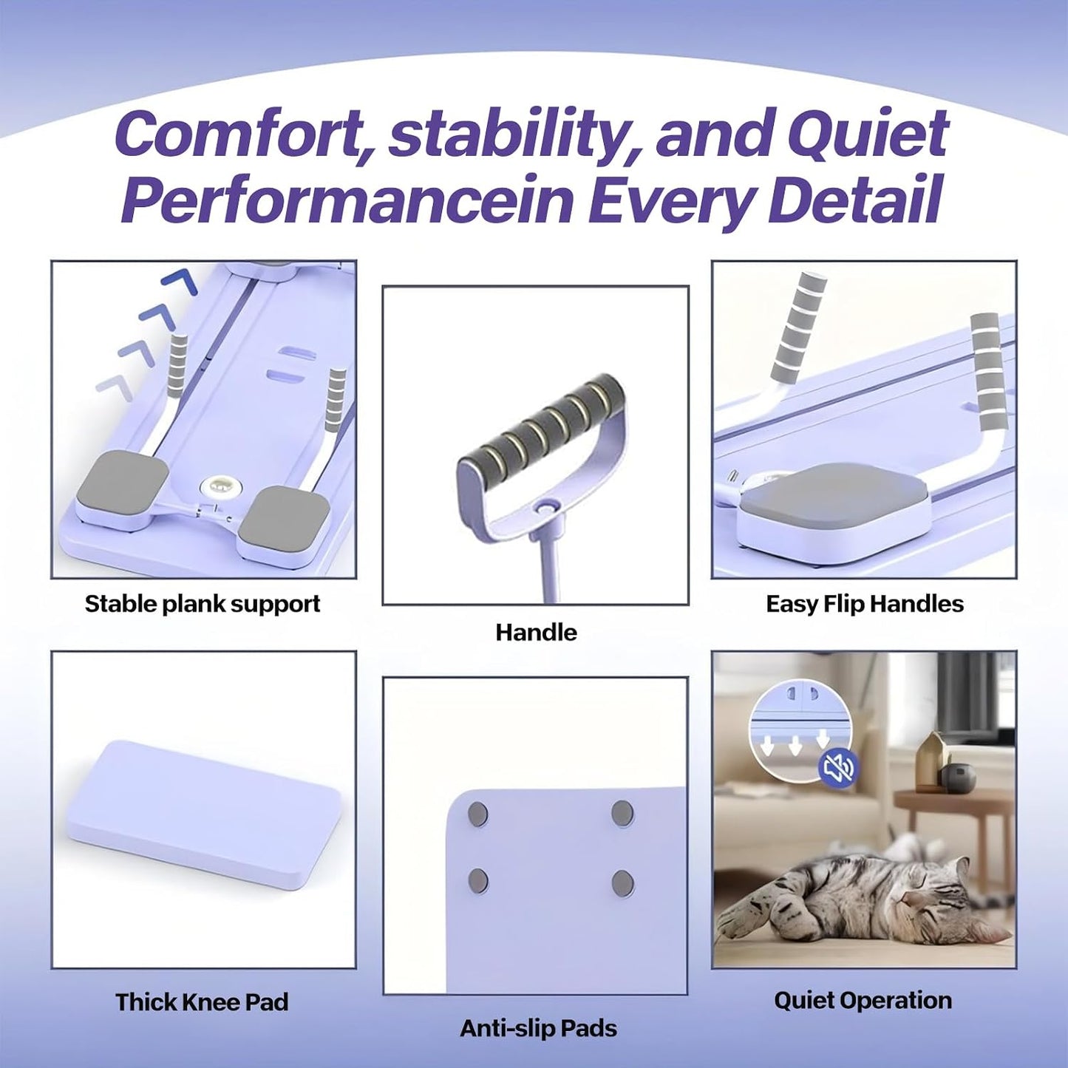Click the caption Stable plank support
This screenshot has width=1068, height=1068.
coord(203,604)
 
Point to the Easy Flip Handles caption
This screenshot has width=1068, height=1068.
coord(865,604)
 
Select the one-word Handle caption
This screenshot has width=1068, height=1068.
coord(536,633)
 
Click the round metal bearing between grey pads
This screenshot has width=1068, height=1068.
coord(215,489)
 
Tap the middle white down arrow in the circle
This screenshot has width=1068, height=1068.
coord(795,746)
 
